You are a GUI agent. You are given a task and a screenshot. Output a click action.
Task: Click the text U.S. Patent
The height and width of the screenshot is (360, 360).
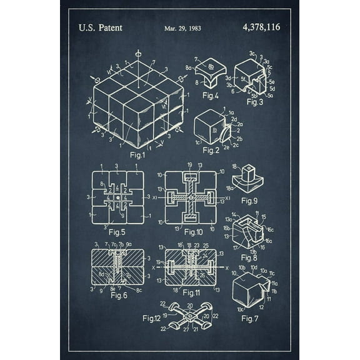tap(100, 27)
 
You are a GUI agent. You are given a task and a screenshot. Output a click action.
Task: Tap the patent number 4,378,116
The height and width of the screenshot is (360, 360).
tap(261, 27)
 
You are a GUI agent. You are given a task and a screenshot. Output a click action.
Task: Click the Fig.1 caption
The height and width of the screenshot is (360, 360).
tap(137, 154)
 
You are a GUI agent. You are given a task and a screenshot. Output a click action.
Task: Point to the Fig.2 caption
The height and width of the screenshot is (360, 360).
tap(211, 150)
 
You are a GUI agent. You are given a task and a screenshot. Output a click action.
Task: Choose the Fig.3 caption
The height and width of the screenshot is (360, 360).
tap(254, 101)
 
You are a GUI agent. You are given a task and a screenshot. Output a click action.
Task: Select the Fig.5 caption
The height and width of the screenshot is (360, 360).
tap(116, 232)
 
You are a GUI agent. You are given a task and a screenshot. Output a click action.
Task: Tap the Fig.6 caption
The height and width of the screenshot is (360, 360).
tap(119, 295)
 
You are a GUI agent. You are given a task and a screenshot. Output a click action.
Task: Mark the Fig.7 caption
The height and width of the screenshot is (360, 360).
tap(249, 319)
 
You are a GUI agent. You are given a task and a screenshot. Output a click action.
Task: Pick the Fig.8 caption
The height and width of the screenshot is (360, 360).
tap(249, 257)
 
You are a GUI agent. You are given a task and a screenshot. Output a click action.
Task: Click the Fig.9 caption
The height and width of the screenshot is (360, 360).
tap(249, 200)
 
